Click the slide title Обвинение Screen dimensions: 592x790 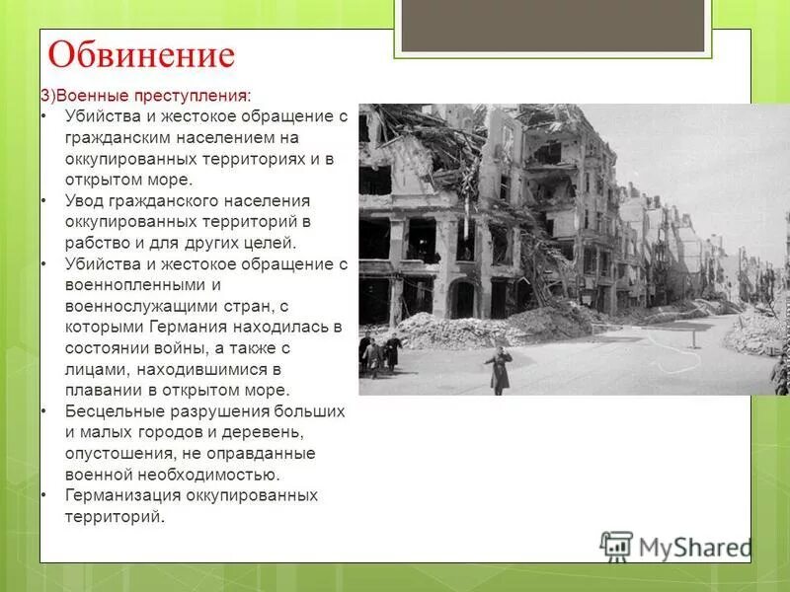pyautogui.click(x=141, y=55)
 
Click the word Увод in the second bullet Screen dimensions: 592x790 pyautogui.click(x=86, y=200)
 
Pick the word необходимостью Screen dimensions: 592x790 pyautogui.click(x=177, y=474)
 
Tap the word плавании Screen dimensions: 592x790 pyautogui.click(x=102, y=390)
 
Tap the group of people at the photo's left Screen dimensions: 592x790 pyautogui.click(x=379, y=351)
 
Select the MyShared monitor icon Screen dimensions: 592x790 pyautogui.click(x=616, y=546)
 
